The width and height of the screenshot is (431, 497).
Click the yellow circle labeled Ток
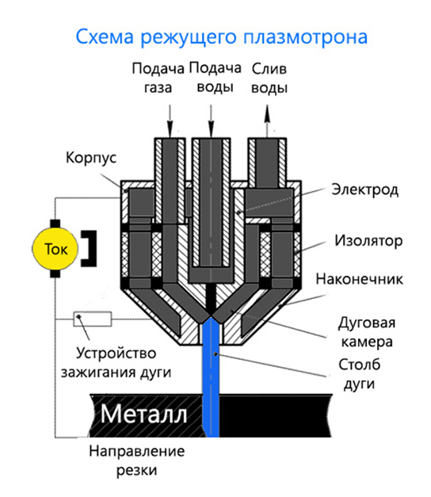pyautogui.click(x=55, y=249)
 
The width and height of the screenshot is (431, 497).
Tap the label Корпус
pyautogui.click(x=91, y=158)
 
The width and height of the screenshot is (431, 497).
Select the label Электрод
pyautogui.click(x=364, y=190)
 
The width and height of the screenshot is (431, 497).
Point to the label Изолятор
pyautogui.click(x=368, y=241)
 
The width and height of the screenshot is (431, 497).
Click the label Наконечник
pyautogui.click(x=360, y=279)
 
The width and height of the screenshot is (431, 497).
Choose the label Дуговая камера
pyautogui.click(x=367, y=332)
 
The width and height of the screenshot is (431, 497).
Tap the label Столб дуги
pyautogui.click(x=360, y=374)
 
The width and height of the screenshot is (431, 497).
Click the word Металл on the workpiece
pyautogui.click(x=143, y=414)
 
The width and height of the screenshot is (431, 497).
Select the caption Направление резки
pyautogui.click(x=136, y=461)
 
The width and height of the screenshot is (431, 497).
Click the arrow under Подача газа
pyautogui.click(x=170, y=120)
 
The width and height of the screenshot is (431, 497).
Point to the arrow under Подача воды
pyautogui.click(x=211, y=120)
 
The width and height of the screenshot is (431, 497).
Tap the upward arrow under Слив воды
pyautogui.click(x=267, y=120)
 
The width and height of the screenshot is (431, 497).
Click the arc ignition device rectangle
pyautogui.click(x=93, y=319)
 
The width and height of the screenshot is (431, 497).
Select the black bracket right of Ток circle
pyautogui.click(x=90, y=249)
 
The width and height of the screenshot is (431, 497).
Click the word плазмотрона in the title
pyautogui.click(x=306, y=36)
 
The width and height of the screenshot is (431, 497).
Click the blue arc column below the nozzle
pyautogui.click(x=211, y=377)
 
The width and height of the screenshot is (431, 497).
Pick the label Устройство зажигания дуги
pyautogui.click(x=116, y=362)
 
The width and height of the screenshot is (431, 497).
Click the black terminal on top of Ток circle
pyautogui.click(x=55, y=224)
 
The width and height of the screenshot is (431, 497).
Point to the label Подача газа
pyautogui.click(x=158, y=78)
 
